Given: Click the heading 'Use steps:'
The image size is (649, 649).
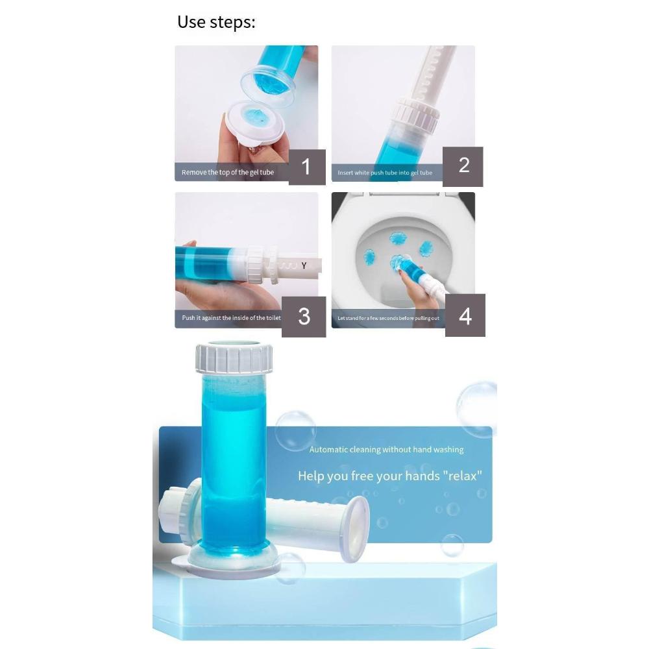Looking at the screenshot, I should tap(216, 22).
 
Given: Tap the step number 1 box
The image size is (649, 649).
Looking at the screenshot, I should tap(306, 167).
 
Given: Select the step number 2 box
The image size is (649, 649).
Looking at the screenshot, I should tap(463, 165).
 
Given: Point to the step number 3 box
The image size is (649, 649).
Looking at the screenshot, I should tap(304, 316).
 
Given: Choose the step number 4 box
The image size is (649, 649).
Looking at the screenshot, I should tap(465, 315).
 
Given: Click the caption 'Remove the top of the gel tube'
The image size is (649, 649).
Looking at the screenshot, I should tap(228, 173).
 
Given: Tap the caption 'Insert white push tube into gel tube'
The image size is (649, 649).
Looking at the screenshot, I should tap(385, 173).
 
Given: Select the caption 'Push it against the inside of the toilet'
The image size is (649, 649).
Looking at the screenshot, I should tap(231, 318).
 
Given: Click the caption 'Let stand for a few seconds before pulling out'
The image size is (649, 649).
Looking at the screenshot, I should tap(388, 318).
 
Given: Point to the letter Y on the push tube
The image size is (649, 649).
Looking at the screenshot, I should tap(304, 265).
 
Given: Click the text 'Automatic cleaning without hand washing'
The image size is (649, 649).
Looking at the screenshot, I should tap(386, 449).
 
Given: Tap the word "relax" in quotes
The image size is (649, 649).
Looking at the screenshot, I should tap(461, 476).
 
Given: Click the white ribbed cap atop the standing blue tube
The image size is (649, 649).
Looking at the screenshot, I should tap(234, 358).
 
